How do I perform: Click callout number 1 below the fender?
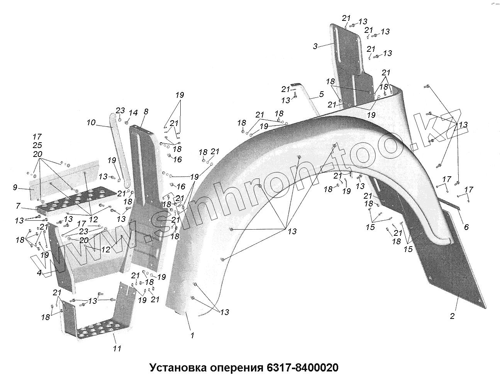pos(192,336)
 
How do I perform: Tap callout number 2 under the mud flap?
pos(452,316)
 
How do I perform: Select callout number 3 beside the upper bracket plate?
pos(315,46)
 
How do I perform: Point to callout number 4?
pos(39,273)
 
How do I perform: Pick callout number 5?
pos(321,94)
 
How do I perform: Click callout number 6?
pos(466,227)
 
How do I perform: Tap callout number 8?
pos(146,112)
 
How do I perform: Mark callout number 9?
pos(15,188)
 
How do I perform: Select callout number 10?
pos(91,123)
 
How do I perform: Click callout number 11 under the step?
pos(117,348)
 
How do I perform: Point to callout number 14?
pos(133,113)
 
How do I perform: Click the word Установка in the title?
pos(178,367)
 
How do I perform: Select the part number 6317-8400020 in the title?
pos(302,367)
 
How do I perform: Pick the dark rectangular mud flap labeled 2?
pos(456,263)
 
